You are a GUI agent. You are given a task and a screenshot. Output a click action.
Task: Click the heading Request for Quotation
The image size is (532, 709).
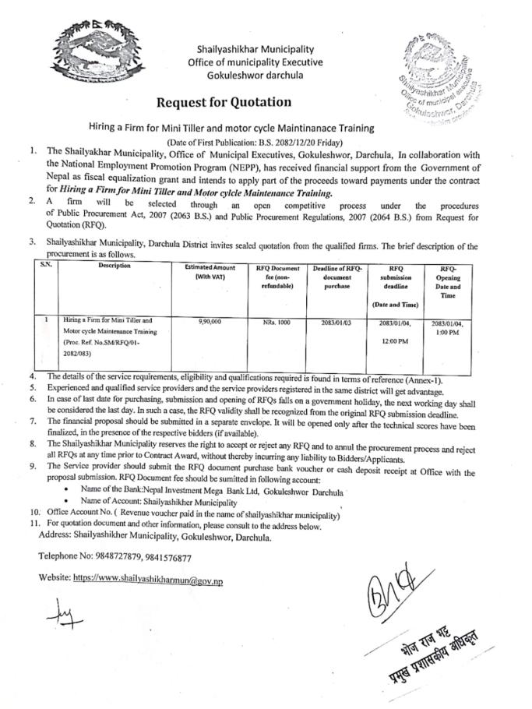coord(224,102)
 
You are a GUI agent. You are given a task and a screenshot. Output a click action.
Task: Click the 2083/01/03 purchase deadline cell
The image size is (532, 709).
coord(337,321)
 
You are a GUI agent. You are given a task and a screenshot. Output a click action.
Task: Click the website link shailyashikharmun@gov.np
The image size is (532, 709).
coord(148,580)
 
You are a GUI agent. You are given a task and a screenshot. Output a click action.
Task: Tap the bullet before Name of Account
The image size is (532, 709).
coord(73,503)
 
